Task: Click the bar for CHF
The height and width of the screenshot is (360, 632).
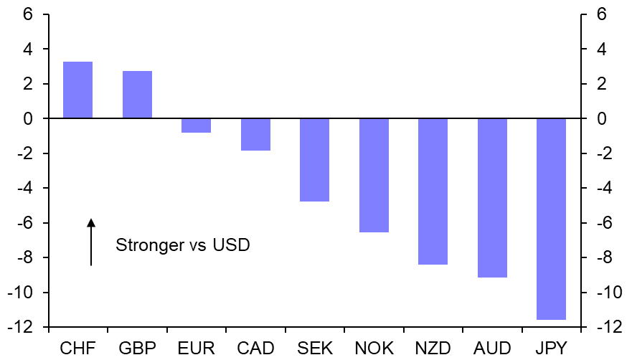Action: pyautogui.click(x=77, y=90)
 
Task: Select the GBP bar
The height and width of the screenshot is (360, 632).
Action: pyautogui.click(x=137, y=95)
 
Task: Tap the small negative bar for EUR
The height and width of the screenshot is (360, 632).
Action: pyautogui.click(x=196, y=125)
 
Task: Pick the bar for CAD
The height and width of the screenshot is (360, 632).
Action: pyautogui.click(x=255, y=134)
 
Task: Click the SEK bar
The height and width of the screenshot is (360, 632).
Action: pyautogui.click(x=314, y=160)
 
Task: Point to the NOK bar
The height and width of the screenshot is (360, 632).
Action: pyautogui.click(x=374, y=175)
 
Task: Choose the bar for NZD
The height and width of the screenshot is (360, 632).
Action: pyautogui.click(x=433, y=191)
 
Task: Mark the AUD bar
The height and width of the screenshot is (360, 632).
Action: pyautogui.click(x=492, y=198)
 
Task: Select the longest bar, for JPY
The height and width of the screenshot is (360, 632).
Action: pyautogui.click(x=551, y=219)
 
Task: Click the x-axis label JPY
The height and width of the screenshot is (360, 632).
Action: pyautogui.click(x=551, y=349)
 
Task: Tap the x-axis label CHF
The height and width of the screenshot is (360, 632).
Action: pyautogui.click(x=77, y=349)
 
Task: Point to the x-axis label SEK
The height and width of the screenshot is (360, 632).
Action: pyautogui.click(x=314, y=349)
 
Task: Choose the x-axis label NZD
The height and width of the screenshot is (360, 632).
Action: pyautogui.click(x=433, y=349)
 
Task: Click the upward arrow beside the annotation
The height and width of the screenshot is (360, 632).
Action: pyautogui.click(x=91, y=242)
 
